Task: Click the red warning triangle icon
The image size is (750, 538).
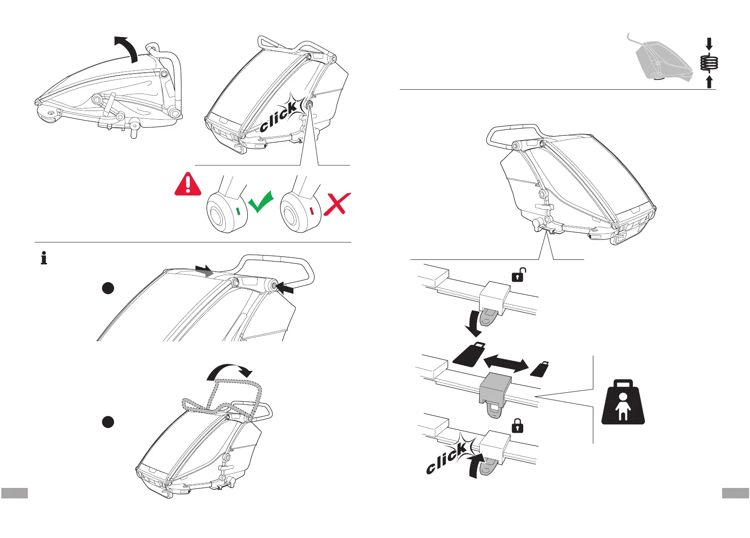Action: tap(188, 185)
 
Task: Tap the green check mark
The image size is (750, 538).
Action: tap(261, 202)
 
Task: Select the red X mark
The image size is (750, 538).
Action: tap(336, 203)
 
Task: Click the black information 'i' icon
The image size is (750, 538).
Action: tap(44, 258)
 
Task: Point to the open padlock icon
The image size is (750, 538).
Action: tap(518, 275)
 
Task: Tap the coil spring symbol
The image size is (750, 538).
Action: tap(709, 63)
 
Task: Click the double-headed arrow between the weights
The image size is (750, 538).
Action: tap(506, 363)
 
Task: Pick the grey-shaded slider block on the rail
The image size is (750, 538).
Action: tap(495, 387)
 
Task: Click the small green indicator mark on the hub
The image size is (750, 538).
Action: tap(238, 211)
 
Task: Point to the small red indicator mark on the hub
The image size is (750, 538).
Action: tap(312, 211)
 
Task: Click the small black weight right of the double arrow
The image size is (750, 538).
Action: tap(540, 370)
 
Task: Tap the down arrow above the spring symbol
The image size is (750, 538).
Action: tap(709, 44)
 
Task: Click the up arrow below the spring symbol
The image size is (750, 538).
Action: tap(710, 81)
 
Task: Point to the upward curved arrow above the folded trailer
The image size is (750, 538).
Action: tap(126, 48)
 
